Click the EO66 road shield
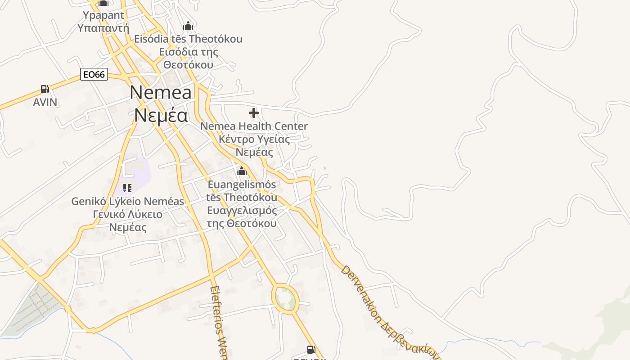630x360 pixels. coord(94,74)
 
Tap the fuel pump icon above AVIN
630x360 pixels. coord(45,89)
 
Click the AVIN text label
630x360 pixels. coord(45,102)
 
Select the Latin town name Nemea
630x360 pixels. coord(161,92)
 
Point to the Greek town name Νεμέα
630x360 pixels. coord(161,115)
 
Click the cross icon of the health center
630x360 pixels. coord(254,113)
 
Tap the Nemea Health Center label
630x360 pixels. coord(254,126)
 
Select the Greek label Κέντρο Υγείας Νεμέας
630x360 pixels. coord(254,145)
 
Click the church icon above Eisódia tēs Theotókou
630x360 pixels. coord(188,26)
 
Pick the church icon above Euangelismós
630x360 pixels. coord(242,171)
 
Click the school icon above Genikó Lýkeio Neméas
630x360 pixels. coord(127,188)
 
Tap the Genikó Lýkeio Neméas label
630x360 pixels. coord(128,201)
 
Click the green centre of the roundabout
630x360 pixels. coord(285,299)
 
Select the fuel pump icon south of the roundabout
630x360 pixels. coord(311,349)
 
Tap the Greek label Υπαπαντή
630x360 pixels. coord(103,28)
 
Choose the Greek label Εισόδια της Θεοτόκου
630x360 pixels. coord(189,58)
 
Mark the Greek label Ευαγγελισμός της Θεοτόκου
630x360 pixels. coord(242,217)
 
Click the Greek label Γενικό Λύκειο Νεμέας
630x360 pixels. coord(128,220)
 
